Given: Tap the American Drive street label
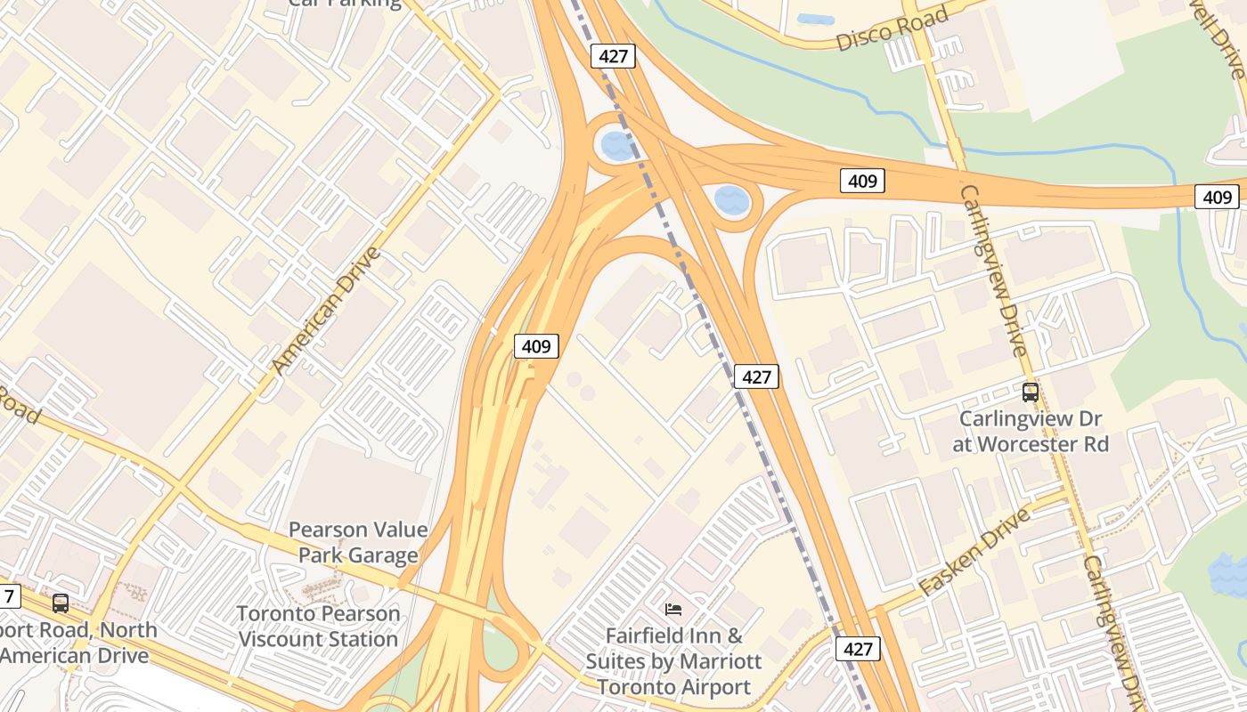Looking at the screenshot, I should (326, 311).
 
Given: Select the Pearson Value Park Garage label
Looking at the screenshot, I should (358, 543).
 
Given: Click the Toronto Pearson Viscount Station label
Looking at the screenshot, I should (318, 627).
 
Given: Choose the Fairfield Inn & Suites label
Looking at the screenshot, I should (673, 661).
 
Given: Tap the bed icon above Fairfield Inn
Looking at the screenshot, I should (674, 610).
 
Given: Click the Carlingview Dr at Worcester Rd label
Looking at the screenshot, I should (1031, 431).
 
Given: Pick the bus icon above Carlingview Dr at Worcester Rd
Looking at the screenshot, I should (1031, 392).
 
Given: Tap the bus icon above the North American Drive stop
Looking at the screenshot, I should (61, 603).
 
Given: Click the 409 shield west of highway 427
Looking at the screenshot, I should (536, 345).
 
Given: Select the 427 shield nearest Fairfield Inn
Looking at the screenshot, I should (858, 649).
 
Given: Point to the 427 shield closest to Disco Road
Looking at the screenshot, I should (613, 56).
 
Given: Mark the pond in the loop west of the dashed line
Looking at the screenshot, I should (618, 145).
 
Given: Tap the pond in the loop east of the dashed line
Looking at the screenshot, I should (732, 200).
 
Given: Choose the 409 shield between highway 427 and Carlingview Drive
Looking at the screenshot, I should (861, 182).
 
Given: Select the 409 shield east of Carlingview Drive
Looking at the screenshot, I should (1217, 197).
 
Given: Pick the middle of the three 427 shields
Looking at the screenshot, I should (756, 376).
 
